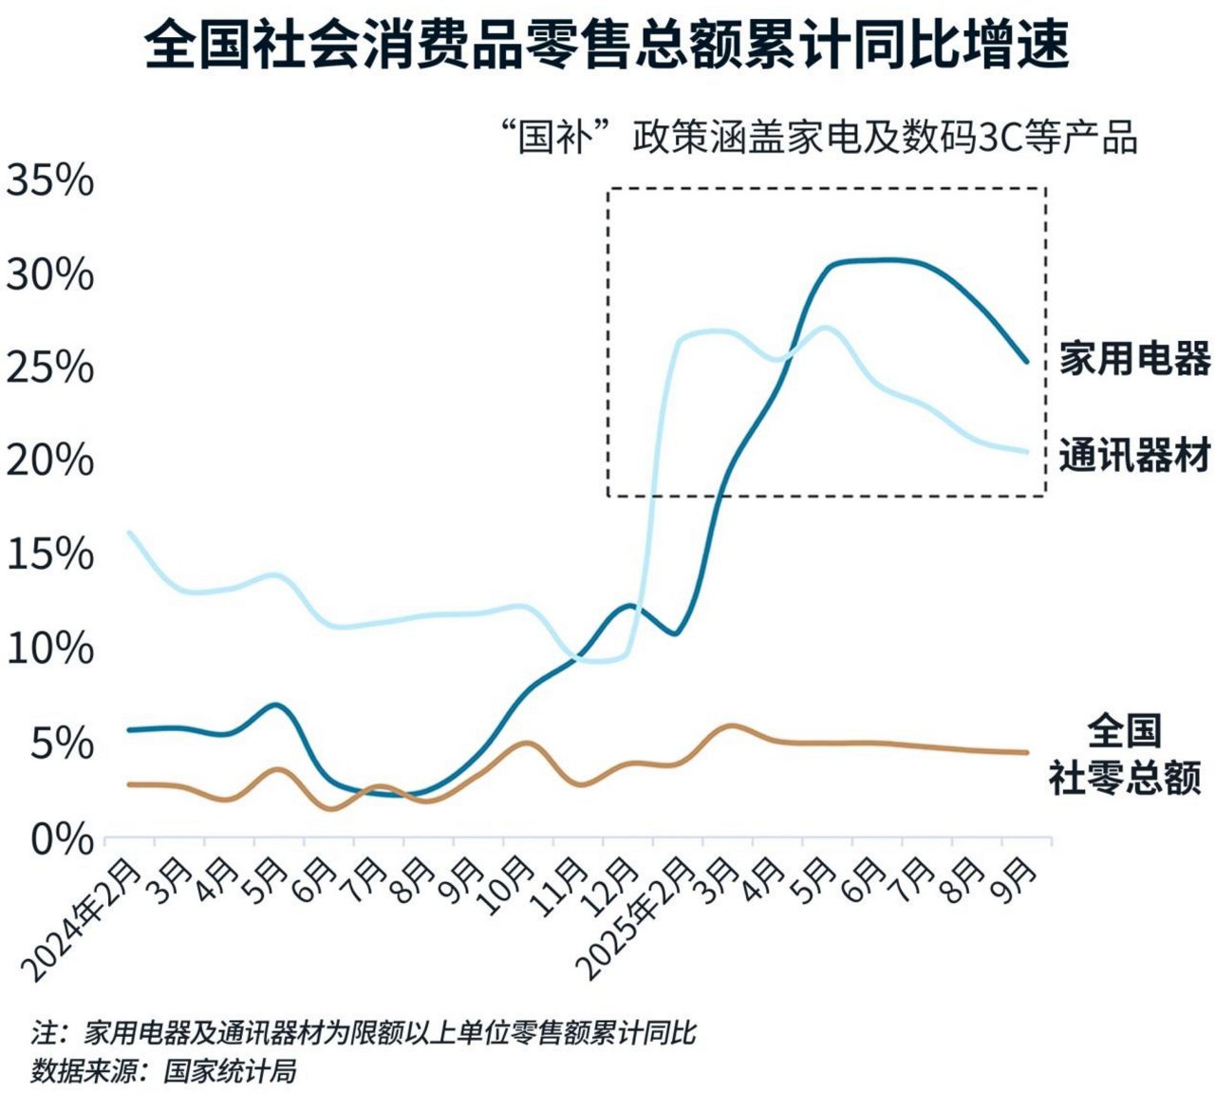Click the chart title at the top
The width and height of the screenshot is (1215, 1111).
tap(607, 46)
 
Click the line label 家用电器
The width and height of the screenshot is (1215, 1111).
tap(1134, 359)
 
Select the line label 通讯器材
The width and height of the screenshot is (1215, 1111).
tap(1134, 455)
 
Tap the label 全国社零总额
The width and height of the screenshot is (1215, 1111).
tap(1125, 756)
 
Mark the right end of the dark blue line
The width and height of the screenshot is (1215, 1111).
tap(1026, 361)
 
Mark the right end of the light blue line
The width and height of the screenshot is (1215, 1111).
tap(1026, 452)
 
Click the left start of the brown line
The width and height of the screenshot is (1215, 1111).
tap(129, 784)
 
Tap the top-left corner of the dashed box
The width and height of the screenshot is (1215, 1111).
tap(609, 189)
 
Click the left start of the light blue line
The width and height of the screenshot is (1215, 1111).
tap(129, 533)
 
